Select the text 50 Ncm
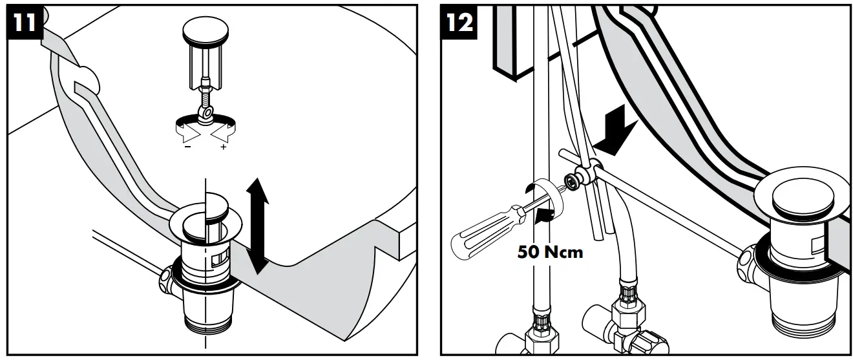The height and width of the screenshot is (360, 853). click(x=550, y=251)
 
